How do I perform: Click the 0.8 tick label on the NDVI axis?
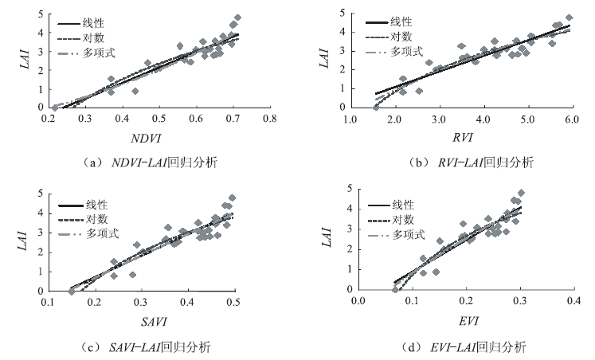270,119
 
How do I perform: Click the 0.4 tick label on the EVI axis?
571,302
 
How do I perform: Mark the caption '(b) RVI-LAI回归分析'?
465,163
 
